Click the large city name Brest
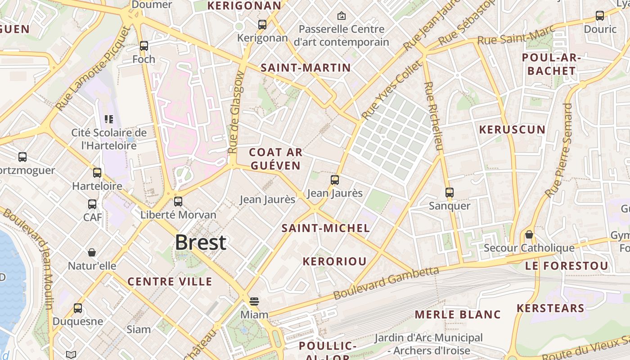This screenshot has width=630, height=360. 200,243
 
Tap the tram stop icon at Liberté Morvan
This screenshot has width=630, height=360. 178,201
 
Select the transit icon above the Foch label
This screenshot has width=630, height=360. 144,45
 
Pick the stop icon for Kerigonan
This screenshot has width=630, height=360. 262,24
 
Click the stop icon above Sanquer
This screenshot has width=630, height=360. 449,193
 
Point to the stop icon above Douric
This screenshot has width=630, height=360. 600,16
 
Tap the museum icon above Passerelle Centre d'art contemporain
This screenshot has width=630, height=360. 342,16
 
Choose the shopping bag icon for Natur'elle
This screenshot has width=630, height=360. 92,252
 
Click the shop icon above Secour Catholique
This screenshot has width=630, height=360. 529,234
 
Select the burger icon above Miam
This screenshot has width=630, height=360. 254,301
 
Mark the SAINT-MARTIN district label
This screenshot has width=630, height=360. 306,68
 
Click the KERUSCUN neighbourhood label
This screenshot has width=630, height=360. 512,130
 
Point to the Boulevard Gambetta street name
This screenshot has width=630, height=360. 386,283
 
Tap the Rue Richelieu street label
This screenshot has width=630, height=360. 434,116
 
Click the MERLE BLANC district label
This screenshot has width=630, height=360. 458,314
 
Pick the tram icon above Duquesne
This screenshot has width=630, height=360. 78,308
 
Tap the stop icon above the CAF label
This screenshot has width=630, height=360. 92,204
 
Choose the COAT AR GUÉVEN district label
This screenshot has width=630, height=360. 275,159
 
